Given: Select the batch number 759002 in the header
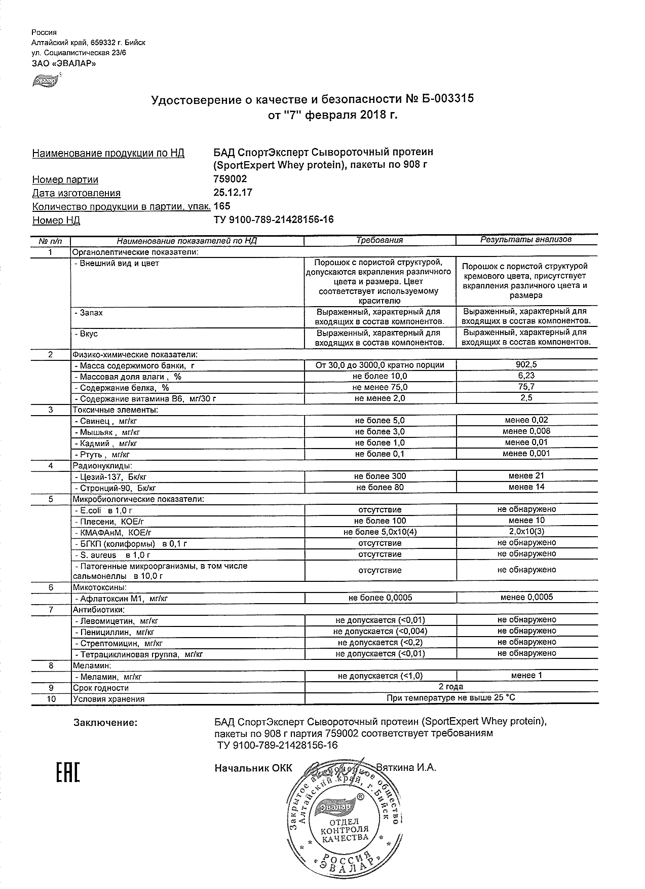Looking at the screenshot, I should [231, 179].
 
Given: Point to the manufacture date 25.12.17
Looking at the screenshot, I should [233, 193].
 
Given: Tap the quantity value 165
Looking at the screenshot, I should [222, 206].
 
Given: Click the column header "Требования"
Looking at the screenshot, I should [380, 240].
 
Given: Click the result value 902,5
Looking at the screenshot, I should [526, 364].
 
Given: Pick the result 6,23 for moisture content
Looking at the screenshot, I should [526, 376].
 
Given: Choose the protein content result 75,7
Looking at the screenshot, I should [526, 387].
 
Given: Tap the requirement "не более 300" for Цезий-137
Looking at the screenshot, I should [380, 476].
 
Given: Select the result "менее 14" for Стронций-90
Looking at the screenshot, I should [526, 487].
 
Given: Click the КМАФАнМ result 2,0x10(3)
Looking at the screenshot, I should [526, 531].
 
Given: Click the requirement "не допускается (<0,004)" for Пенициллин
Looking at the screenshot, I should [380, 632].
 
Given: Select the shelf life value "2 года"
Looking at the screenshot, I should [450, 687].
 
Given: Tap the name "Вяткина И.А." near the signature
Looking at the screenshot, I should [406, 768].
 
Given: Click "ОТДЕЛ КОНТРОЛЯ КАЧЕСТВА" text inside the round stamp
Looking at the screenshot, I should [345, 830].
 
